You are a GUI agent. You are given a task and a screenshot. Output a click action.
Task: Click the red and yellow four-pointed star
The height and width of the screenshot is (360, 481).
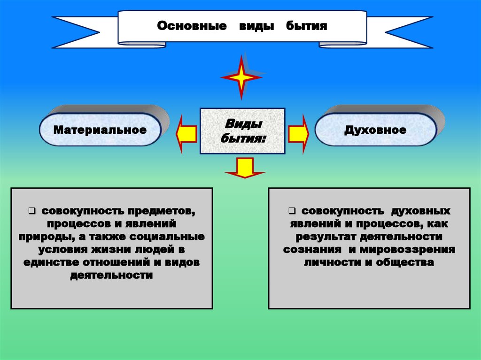(x=241, y=77)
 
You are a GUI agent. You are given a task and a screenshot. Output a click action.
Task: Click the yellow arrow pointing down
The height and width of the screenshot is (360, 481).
(x=244, y=168)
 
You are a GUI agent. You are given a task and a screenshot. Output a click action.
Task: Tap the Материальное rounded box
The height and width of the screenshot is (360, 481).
(x=100, y=130)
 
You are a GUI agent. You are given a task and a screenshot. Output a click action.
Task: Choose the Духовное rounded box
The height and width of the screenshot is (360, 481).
(x=375, y=130)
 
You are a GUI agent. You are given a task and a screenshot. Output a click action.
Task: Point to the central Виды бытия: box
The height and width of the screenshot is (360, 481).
(x=242, y=131)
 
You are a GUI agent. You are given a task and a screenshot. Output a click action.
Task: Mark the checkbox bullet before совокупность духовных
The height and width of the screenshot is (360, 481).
(x=291, y=210)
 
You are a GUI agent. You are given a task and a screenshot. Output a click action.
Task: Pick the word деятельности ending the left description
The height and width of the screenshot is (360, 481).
(x=111, y=276)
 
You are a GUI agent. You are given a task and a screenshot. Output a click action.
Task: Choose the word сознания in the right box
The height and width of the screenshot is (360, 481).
(x=309, y=250)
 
